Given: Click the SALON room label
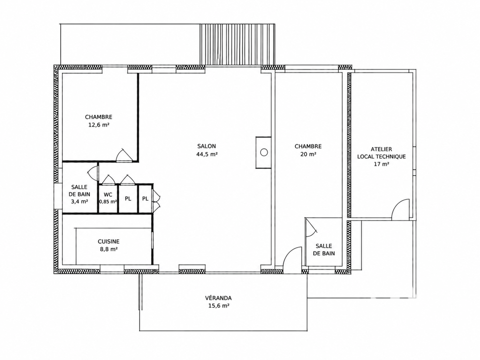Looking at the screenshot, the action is (x=206, y=146).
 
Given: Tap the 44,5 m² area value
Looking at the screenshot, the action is (x=206, y=154).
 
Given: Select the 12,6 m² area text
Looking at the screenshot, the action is (x=98, y=125).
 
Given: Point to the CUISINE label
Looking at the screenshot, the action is (x=108, y=241).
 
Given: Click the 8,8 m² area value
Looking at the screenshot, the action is (x=108, y=249).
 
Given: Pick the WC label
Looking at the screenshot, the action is (x=108, y=195).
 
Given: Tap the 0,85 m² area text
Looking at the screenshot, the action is (x=108, y=202).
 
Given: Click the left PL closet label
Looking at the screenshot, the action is (x=128, y=199).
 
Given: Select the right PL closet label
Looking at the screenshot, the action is (x=145, y=199).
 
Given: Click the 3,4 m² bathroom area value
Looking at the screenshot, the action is (x=79, y=202).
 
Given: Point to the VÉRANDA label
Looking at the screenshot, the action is (x=218, y=298).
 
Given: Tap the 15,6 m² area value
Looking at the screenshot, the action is (x=218, y=305).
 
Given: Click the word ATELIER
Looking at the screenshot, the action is (x=381, y=149).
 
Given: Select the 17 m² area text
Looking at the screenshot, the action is (x=381, y=164).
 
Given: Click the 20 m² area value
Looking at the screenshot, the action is (x=308, y=154).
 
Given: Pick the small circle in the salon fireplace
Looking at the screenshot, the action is (x=264, y=152).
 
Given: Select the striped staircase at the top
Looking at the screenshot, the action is (x=238, y=45).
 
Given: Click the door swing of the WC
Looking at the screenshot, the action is (x=108, y=180).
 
